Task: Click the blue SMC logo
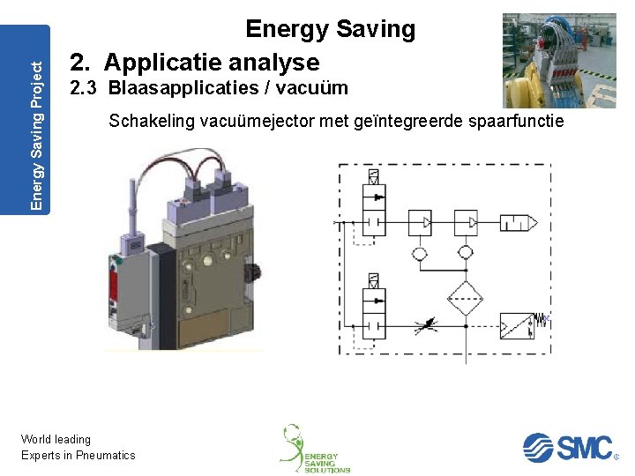tap(568, 447)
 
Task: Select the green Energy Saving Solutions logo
tap(316, 449)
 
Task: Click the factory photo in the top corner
tap(559, 60)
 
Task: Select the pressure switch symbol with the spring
tap(519, 325)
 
